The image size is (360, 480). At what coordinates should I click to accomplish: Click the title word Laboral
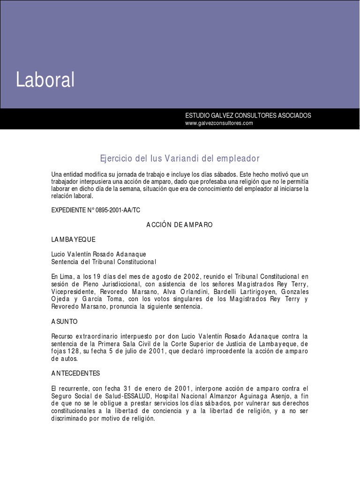(45, 80)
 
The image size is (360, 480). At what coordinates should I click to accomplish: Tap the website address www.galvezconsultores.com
(219, 123)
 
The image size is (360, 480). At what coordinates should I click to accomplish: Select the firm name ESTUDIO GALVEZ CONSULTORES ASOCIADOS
(248, 115)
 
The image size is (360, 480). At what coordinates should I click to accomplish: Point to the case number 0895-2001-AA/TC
(114, 210)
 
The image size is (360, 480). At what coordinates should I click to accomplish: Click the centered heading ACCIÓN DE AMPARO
(180, 225)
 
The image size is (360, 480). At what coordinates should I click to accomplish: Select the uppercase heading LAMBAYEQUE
(73, 240)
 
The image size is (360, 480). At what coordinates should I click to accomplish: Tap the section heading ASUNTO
(64, 322)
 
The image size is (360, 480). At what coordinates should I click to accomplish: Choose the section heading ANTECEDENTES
(75, 373)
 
